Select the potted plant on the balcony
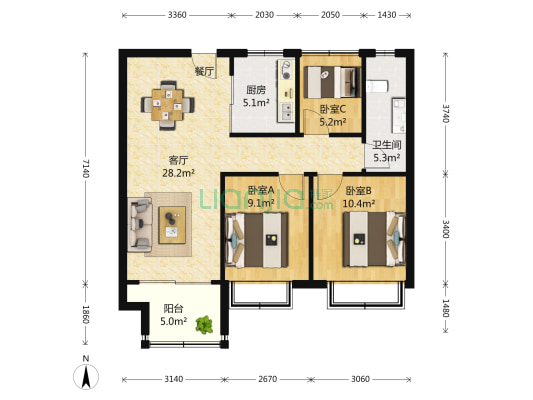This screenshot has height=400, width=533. pyautogui.click(x=206, y=324)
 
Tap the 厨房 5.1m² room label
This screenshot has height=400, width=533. pyautogui.click(x=255, y=95)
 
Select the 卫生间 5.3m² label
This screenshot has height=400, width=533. pyautogui.click(x=386, y=151)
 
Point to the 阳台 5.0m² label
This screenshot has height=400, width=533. pyautogui.click(x=174, y=315)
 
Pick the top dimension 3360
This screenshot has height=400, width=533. pyautogui.click(x=177, y=15)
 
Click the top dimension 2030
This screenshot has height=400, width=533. pyautogui.click(x=264, y=15)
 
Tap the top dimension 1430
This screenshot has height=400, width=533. pyautogui.click(x=387, y=15)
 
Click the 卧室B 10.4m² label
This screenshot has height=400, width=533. pyautogui.click(x=359, y=197)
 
